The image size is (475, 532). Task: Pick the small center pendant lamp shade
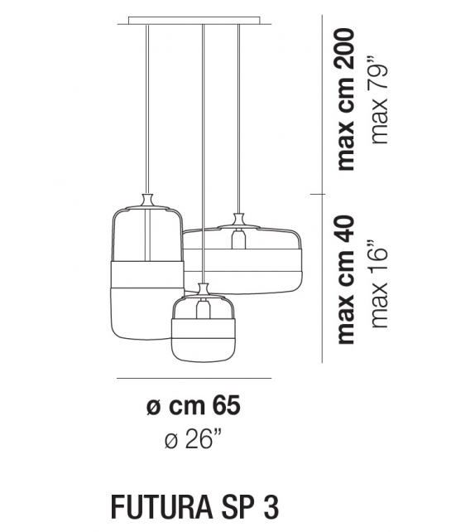coord(203,331)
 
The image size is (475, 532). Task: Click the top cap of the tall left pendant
coord(147,200)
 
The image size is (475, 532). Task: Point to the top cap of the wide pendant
coord(240,220)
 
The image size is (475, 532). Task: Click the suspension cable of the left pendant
coord(147,108)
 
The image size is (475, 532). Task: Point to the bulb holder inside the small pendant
coord(203,310)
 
